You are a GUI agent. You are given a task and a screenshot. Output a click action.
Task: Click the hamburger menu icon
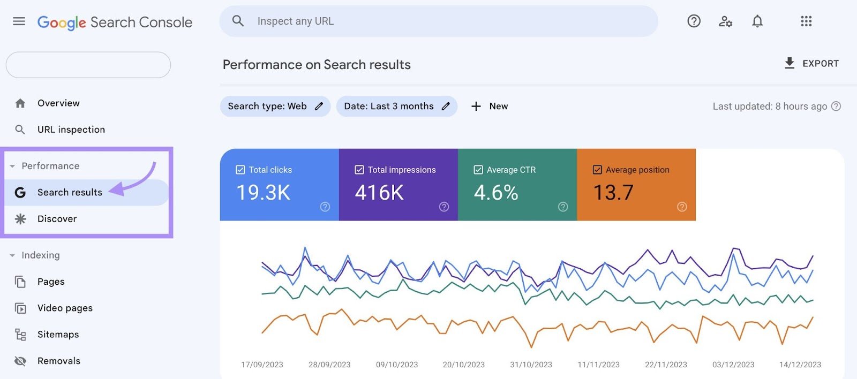pos(19,21)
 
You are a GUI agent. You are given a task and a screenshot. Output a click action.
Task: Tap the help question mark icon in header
pos(694,21)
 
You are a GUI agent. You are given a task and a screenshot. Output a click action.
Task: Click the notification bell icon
pos(757,21)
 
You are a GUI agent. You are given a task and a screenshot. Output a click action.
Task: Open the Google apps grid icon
pos(806,21)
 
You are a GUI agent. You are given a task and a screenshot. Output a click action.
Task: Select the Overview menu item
pos(58,103)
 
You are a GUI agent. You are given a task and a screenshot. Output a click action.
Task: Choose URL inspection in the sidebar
pos(71,130)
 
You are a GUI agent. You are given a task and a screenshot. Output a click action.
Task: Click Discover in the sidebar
pos(57,219)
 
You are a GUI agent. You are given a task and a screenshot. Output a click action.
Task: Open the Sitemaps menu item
pos(58,335)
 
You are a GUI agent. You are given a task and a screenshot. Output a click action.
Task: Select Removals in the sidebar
pos(59,361)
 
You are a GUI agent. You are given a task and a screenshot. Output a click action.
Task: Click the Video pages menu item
pos(65,308)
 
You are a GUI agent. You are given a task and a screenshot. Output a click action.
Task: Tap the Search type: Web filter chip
pos(275,107)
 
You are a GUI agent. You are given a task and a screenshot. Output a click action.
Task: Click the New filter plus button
pos(489,107)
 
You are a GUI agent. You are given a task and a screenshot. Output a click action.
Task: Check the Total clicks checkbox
pos(240,170)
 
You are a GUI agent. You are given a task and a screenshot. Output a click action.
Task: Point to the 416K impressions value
pos(379,193)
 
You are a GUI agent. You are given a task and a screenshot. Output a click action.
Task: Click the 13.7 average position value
pos(613,193)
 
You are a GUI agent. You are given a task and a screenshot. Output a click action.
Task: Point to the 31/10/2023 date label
pos(531,365)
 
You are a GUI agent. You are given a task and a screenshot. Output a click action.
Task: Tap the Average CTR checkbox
pos(478,170)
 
